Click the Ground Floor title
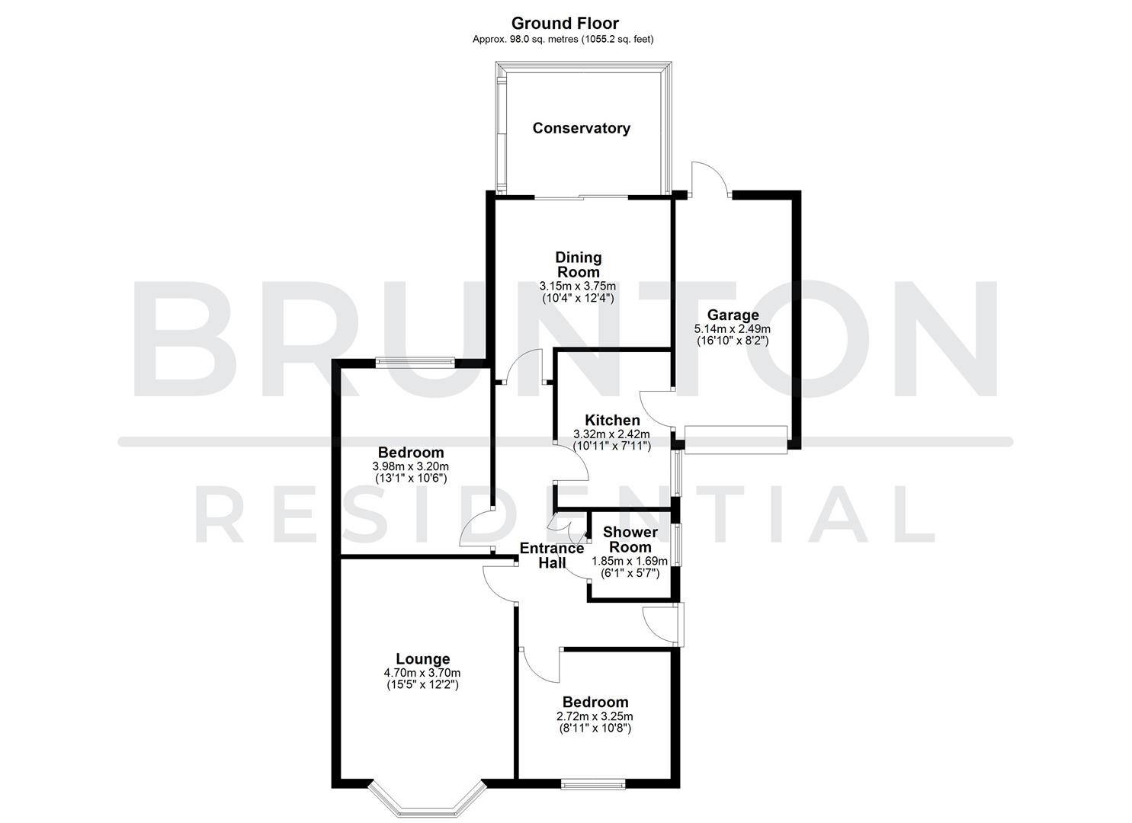coord(565,24)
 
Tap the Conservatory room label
coord(581,128)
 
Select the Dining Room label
coord(578,264)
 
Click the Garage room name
coord(733,315)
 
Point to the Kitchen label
coord(612,420)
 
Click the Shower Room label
coord(630,540)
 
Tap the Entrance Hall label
coord(552,555)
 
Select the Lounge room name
coord(422,659)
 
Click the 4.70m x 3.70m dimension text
coord(422,673)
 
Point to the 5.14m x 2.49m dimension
coord(733,329)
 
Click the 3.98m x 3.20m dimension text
coord(410,466)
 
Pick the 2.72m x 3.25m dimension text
coord(595,716)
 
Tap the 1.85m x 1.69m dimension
coord(630,561)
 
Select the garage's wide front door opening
coord(735,440)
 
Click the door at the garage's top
coord(710,181)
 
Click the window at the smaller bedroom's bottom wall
coord(594,783)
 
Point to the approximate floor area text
coord(563,39)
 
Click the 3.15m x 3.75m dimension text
coord(578,286)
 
